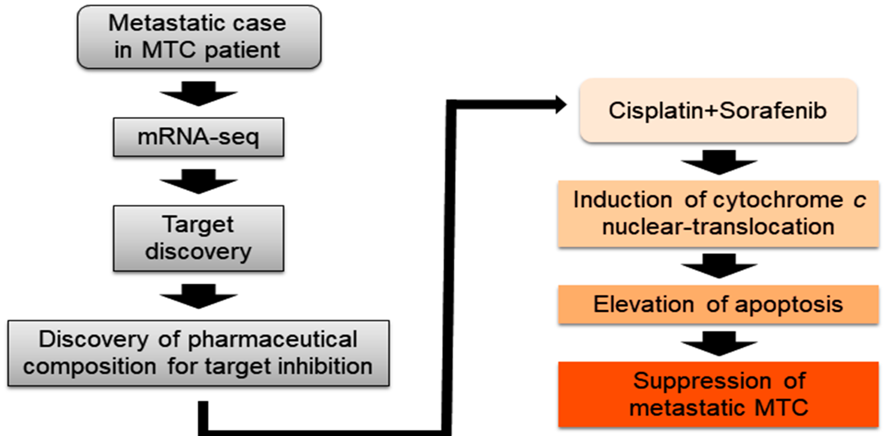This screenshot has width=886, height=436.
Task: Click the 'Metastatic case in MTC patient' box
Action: pos(199,37)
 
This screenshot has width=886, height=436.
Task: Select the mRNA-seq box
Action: pos(199,137)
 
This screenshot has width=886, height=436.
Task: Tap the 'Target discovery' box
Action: pos(199,238)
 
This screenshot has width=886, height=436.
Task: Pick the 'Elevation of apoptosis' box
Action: pos(718,304)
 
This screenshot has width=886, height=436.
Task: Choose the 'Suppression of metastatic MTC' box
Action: pos(718,394)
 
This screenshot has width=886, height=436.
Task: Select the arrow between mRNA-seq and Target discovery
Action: pos(199,182)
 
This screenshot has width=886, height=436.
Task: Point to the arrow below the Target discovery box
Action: pos(199,296)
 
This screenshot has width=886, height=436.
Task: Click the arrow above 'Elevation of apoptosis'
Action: pos(719,266)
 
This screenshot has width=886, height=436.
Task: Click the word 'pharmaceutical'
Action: pos(272,340)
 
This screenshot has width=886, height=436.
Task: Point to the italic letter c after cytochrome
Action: pos(859,200)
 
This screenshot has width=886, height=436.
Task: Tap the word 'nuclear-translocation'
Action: pos(718,227)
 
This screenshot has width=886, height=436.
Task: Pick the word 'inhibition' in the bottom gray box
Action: pos(325,367)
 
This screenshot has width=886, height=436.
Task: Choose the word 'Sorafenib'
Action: pos(773,111)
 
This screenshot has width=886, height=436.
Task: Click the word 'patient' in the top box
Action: pos(242,51)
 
